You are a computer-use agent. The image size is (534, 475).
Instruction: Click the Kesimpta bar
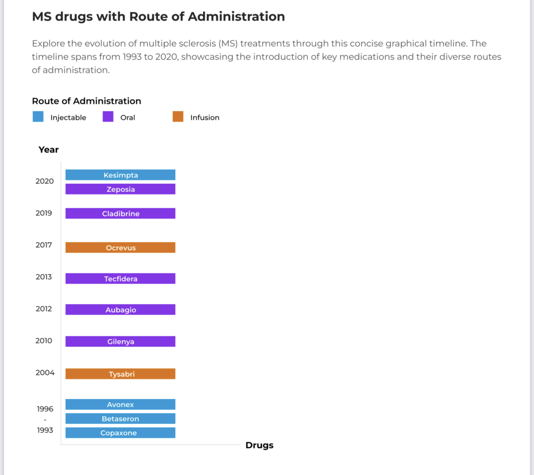coord(120,175)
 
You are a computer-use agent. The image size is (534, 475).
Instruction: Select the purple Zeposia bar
coord(120,189)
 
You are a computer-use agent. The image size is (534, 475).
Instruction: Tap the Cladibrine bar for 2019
coord(120,213)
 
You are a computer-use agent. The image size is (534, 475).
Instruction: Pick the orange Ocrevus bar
coord(120,248)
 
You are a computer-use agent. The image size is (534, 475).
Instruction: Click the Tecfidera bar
coord(120,279)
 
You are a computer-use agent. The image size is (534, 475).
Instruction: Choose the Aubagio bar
coord(120,310)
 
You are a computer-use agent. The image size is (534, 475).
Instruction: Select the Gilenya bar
coord(120,341)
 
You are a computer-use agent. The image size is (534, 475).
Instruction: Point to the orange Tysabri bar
coord(120,374)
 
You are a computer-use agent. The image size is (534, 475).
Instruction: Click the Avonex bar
coord(120,405)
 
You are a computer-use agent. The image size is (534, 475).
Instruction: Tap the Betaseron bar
coord(120,419)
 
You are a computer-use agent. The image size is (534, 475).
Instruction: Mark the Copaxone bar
coord(120,433)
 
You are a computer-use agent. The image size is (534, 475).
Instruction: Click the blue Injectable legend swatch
coord(38,117)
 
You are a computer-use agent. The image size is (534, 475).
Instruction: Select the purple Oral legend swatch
coord(108,117)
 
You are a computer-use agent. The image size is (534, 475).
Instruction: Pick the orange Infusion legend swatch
coord(178,117)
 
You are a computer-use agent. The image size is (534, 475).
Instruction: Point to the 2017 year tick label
coord(44,245)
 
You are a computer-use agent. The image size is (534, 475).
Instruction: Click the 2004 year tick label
coord(45,372)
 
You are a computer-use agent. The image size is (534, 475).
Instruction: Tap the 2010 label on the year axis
coord(44,340)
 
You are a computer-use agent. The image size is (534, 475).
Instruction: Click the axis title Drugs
coord(259,445)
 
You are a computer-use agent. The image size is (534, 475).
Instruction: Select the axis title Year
coord(48,149)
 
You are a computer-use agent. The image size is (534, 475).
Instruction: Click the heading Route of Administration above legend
coord(87,101)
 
